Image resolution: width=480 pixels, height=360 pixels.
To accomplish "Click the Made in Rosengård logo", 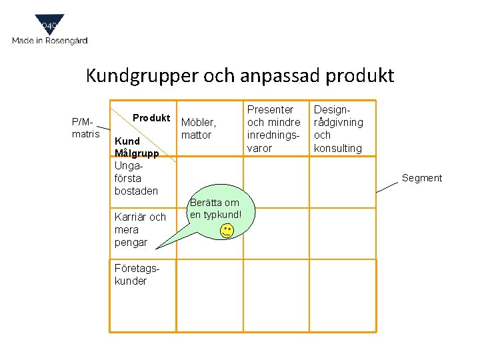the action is click(49, 31).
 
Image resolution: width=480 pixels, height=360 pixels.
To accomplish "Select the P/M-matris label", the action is click(85, 128).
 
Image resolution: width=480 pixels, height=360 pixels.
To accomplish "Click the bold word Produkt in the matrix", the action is click(151, 118).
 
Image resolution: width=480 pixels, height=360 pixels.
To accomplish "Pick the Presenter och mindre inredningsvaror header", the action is click(273, 128).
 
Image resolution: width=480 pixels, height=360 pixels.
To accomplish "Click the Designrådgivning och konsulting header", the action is click(339, 128).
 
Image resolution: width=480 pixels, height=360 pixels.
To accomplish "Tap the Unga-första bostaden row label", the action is click(136, 178).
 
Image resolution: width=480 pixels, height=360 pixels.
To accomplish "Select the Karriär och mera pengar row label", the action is click(140, 229).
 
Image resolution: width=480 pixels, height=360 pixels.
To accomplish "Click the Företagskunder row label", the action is click(131, 275).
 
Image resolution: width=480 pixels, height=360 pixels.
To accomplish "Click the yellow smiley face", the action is click(227, 231).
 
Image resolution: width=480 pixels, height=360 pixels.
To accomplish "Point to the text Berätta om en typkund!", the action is click(214, 208).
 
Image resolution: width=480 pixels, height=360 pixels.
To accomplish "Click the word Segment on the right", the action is click(421, 178).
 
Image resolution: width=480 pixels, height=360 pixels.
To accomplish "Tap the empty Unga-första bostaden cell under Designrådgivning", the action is click(343, 181).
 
